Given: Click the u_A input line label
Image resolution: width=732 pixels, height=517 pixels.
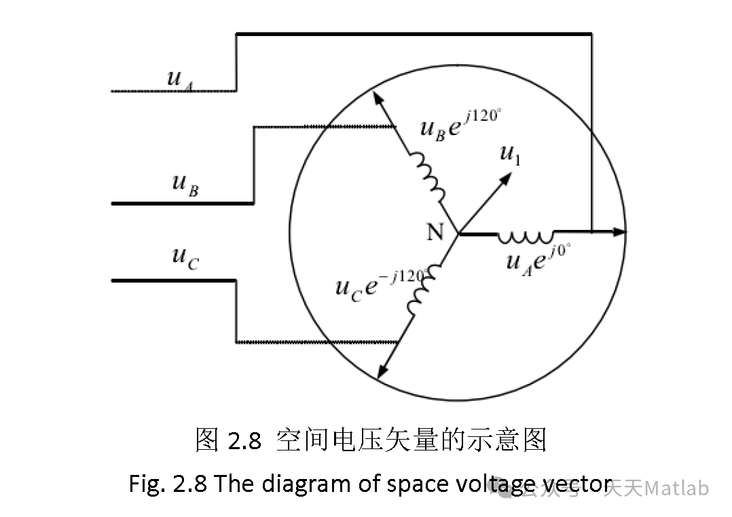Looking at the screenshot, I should point(179,78).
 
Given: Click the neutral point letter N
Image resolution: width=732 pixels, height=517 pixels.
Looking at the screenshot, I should point(435,233).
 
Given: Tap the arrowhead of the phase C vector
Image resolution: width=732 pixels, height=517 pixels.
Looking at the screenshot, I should point(382,372).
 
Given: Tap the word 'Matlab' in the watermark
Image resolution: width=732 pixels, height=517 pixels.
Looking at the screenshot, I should point(676,488).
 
